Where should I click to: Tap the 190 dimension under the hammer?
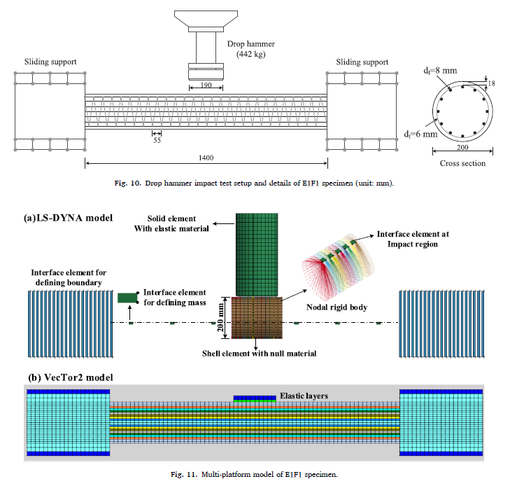pyautogui.click(x=205, y=85)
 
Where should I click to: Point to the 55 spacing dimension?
pyautogui.click(x=156, y=140)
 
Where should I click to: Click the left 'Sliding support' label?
pyautogui.click(x=51, y=62)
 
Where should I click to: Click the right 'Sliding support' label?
pyautogui.click(x=362, y=62)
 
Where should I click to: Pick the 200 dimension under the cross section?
pyautogui.click(x=462, y=148)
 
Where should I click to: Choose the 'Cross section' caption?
pyautogui.click(x=462, y=163)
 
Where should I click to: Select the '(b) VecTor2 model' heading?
pyautogui.click(x=71, y=377)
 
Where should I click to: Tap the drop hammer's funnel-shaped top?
pyautogui.click(x=206, y=20)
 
